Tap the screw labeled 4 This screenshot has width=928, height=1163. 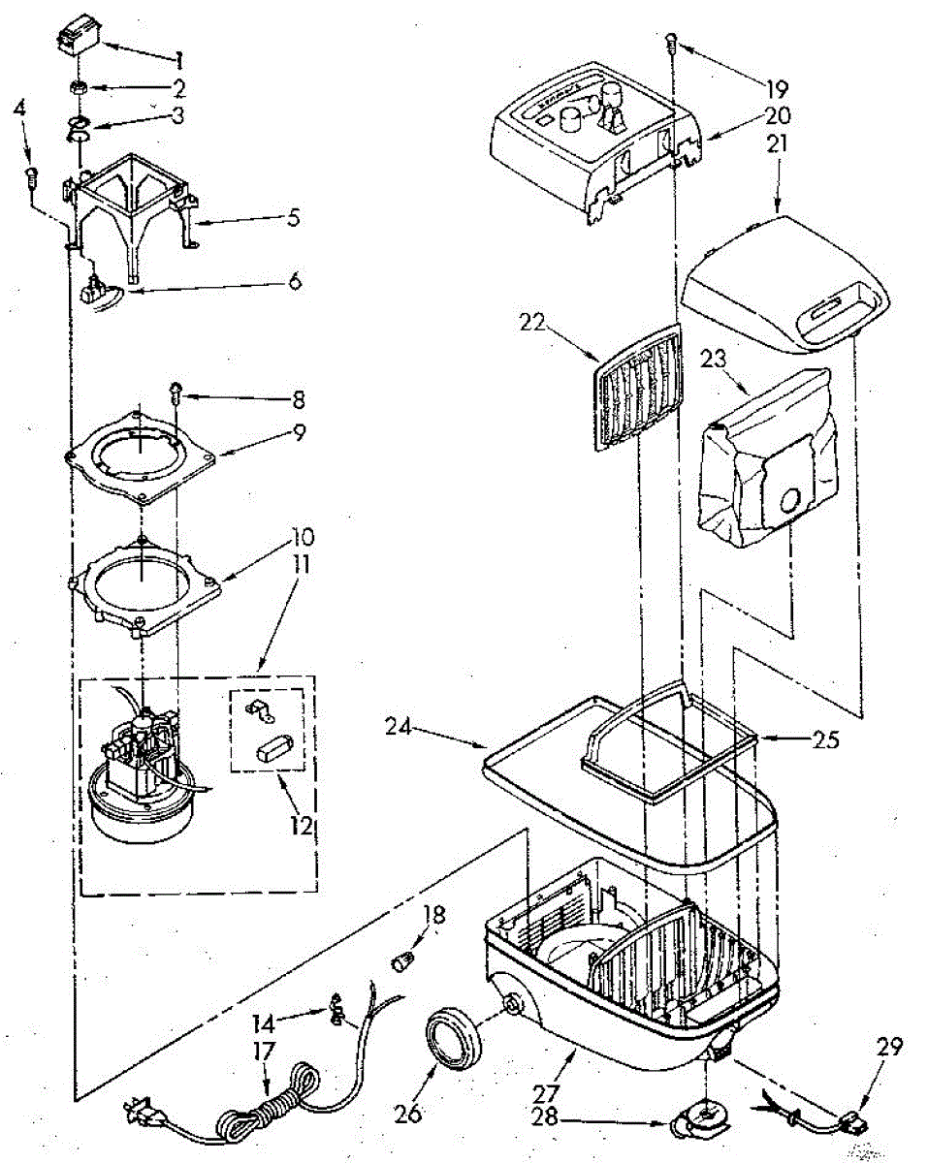31,176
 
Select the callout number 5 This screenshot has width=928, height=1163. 293,217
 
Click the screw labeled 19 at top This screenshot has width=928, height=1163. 671,42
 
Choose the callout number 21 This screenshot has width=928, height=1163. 778,144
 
